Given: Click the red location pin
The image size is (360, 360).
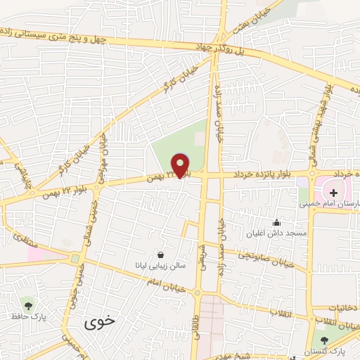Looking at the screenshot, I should coord(181,165).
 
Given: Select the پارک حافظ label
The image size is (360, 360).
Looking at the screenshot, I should coord(28,319).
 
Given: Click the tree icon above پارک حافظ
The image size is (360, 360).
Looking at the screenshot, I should coord(28,305).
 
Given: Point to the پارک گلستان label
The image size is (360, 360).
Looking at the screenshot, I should coord(322,351).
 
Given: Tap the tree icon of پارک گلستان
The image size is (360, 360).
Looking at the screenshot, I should coord(323,340).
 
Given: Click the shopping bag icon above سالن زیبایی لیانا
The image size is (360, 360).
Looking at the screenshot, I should coord(162,255).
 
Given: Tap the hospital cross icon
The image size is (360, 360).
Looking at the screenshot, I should coord(333,191).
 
